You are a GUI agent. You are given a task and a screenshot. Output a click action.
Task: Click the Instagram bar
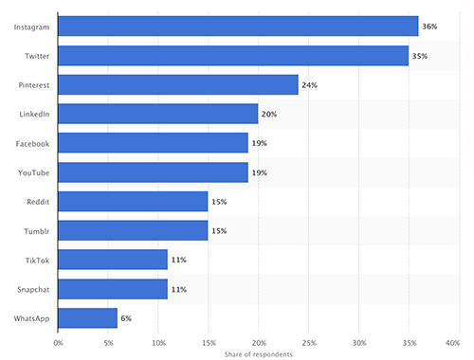(x=237, y=27)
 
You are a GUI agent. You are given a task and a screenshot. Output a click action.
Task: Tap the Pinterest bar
(x=177, y=85)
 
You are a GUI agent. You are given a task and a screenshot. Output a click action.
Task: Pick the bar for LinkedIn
(x=157, y=115)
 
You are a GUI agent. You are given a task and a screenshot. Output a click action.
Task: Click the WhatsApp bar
(x=87, y=318)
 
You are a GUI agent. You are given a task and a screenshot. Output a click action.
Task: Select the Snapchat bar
(x=112, y=289)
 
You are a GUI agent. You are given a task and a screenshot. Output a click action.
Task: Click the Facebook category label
(x=33, y=143)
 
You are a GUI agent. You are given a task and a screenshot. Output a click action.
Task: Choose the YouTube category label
(x=34, y=172)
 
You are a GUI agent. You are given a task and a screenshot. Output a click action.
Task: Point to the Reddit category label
(x=38, y=202)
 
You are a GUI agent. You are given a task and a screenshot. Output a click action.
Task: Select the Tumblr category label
(x=38, y=231)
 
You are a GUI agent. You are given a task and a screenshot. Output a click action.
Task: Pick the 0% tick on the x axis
(x=58, y=342)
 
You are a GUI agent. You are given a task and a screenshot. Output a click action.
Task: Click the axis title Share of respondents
(x=258, y=353)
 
